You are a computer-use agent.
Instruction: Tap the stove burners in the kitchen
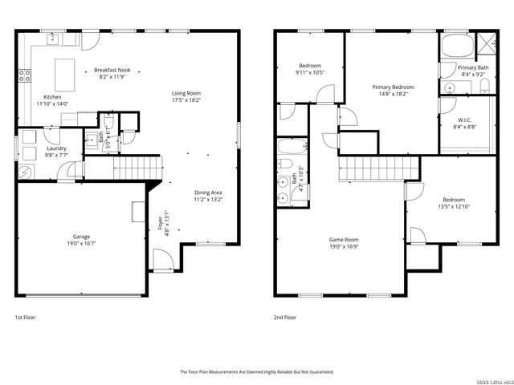click(25, 77)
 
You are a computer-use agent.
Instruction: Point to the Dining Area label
click(208, 192)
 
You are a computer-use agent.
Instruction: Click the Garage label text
click(80, 237)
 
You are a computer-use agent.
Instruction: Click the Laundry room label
click(56, 148)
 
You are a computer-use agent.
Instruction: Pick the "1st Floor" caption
click(25, 318)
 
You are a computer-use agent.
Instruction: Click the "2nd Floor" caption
click(285, 318)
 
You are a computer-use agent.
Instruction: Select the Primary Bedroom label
click(393, 87)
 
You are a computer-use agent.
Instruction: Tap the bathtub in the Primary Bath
click(455, 44)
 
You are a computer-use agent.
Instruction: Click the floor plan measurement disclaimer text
click(256, 371)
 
